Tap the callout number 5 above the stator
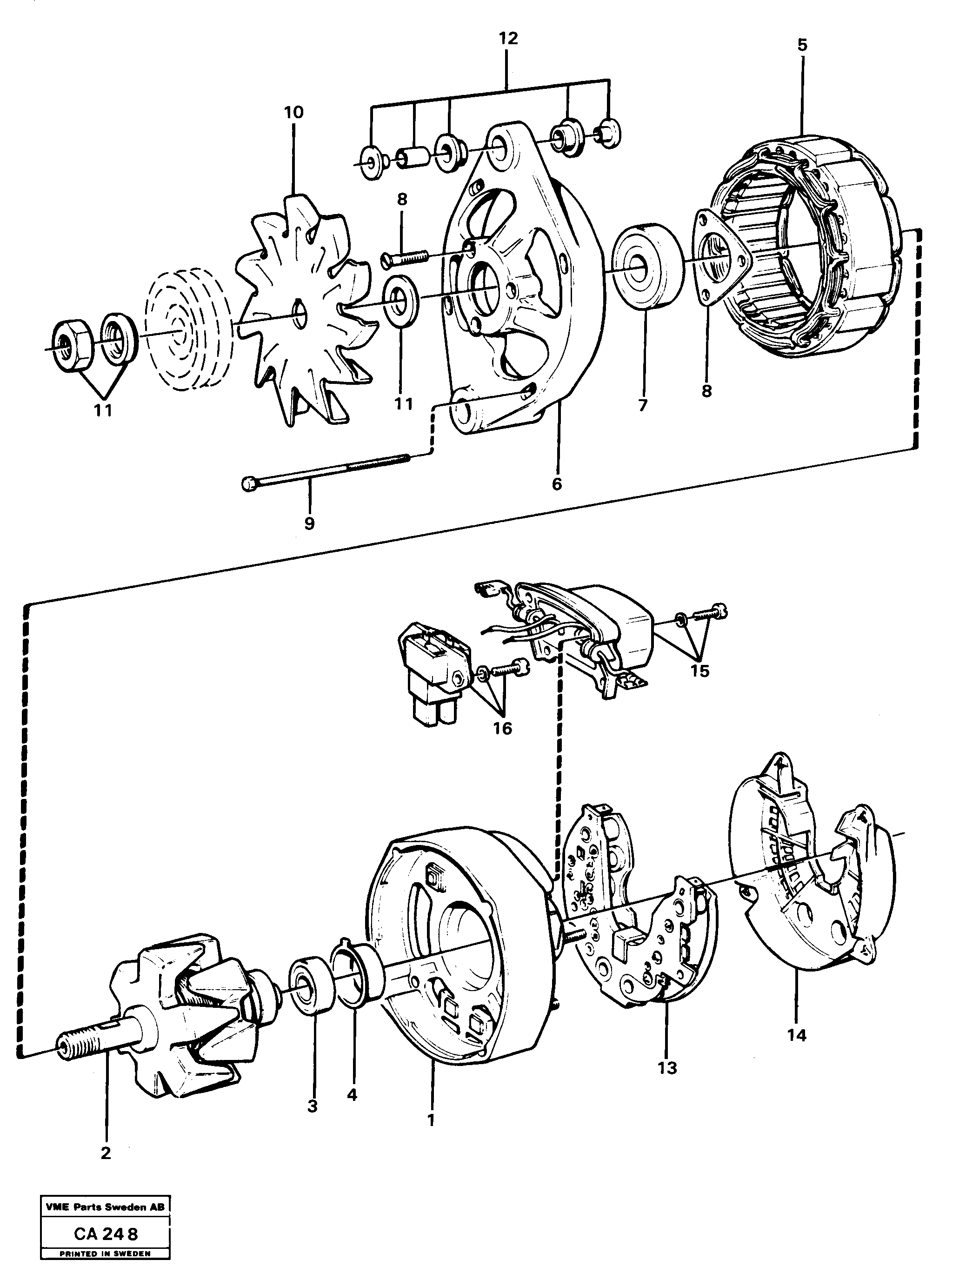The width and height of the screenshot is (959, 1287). point(802,45)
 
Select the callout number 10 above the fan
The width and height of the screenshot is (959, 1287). point(294,112)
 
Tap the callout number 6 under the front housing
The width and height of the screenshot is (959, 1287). point(557,484)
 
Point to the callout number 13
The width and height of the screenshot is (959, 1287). point(667,1067)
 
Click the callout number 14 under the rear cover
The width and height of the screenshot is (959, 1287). point(797,1034)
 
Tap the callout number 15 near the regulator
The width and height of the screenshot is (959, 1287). point(699,671)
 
